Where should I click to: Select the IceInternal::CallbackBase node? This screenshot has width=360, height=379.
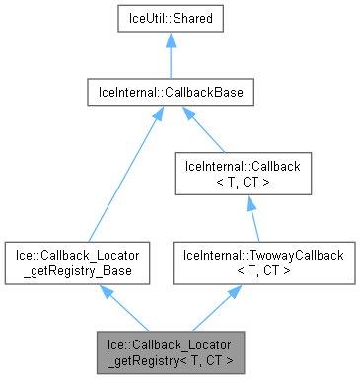coord(171,94)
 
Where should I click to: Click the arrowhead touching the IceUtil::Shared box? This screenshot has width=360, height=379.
coord(171,41)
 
